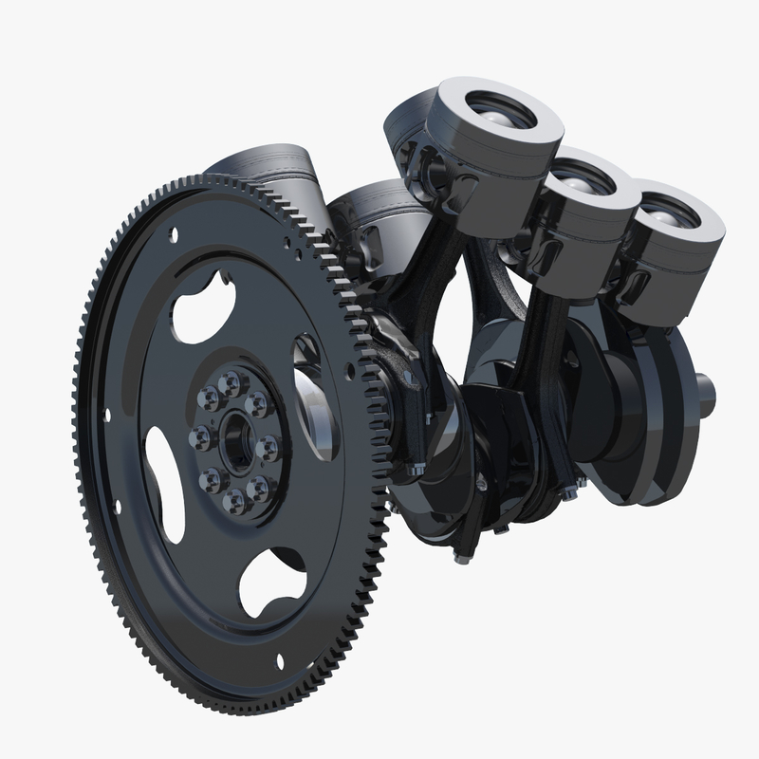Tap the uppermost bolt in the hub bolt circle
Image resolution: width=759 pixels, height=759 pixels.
pyautogui.click(x=231, y=382)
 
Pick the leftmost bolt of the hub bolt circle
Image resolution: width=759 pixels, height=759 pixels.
pyautogui.click(x=201, y=437)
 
